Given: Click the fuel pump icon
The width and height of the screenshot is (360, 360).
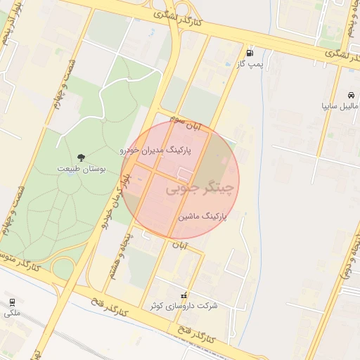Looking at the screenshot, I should pyautogui.click(x=250, y=53).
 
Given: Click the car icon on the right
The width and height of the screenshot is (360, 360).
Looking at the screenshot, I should pyautogui.click(x=349, y=94).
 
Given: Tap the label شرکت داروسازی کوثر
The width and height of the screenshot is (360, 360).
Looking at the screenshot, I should pyautogui.click(x=184, y=306).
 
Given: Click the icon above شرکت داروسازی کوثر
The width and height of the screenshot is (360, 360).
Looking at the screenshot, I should pyautogui.click(x=184, y=295).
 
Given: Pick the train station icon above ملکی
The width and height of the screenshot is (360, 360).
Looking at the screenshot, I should pyautogui.click(x=11, y=302).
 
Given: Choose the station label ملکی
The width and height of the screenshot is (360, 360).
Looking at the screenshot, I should pyautogui.click(x=12, y=313).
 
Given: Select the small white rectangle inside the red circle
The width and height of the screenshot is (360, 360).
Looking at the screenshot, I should pyautogui.click(x=185, y=172).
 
